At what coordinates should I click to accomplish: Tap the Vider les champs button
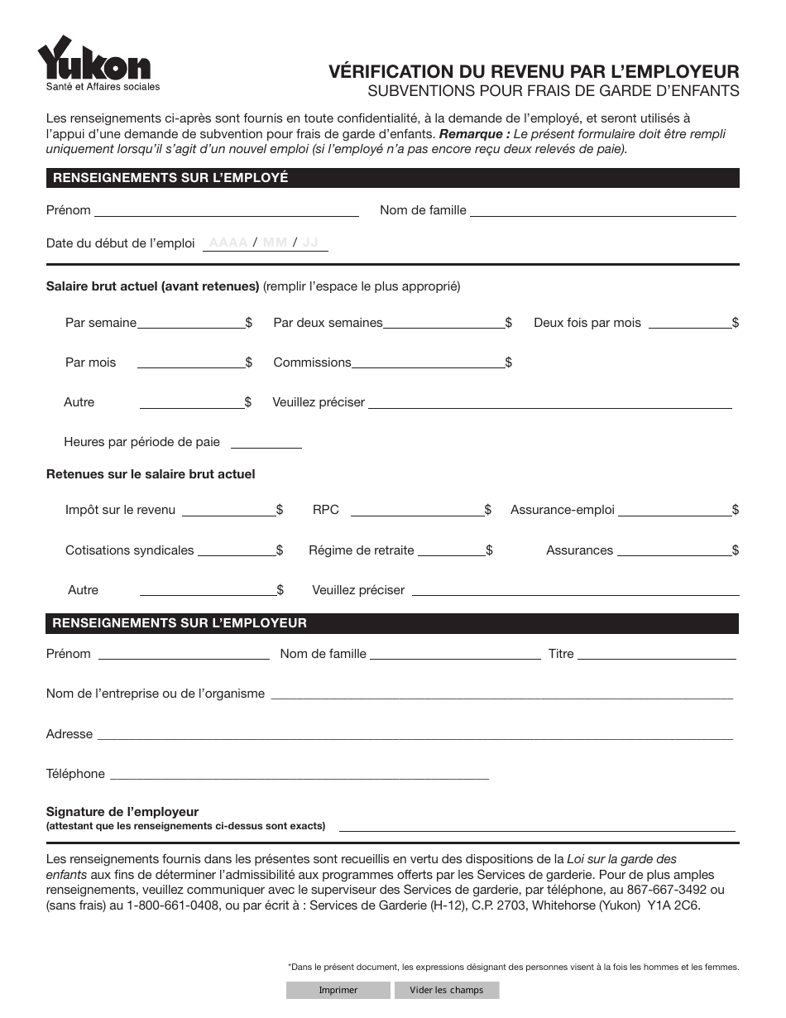click(x=446, y=990)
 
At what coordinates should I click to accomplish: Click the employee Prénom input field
click(x=227, y=209)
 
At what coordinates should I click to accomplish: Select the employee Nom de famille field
click(x=602, y=209)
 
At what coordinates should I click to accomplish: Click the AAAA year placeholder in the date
click(x=228, y=242)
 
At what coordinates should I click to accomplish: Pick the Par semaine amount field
click(x=190, y=323)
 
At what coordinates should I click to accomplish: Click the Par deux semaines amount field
click(x=443, y=323)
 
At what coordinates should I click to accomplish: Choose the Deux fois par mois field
click(x=689, y=323)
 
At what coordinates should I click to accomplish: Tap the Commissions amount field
click(x=428, y=363)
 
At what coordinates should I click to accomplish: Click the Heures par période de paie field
click(x=266, y=441)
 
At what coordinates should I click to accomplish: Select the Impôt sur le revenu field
click(x=228, y=510)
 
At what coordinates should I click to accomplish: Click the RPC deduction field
click(x=417, y=510)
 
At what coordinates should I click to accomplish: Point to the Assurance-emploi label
click(x=563, y=510)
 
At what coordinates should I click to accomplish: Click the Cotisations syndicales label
click(x=130, y=550)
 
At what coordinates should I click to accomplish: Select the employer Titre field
click(x=656, y=653)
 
